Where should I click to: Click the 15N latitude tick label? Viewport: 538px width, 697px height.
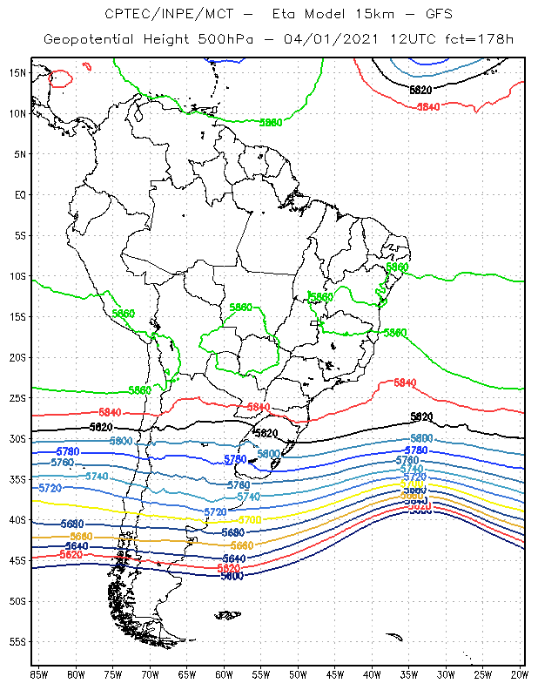pos(17,72)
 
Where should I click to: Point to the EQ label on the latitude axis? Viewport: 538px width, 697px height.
pos(20,194)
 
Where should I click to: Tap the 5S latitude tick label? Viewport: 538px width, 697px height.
pos(20,235)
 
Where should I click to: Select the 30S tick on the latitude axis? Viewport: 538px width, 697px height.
pos(17,438)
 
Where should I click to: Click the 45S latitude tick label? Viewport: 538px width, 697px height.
pos(17,560)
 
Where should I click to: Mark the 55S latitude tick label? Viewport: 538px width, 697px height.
pos(17,641)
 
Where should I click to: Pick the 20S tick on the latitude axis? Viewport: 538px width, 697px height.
pos(17,357)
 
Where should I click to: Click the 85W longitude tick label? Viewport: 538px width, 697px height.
pos(39,674)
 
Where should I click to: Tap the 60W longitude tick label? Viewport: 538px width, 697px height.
pos(224,674)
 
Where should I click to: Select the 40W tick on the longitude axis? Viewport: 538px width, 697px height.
pos(372,674)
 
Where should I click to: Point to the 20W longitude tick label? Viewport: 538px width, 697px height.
pos(520,674)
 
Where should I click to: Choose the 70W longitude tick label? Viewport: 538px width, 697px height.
pos(150,674)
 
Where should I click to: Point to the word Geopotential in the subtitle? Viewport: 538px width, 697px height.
pos(90,40)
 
